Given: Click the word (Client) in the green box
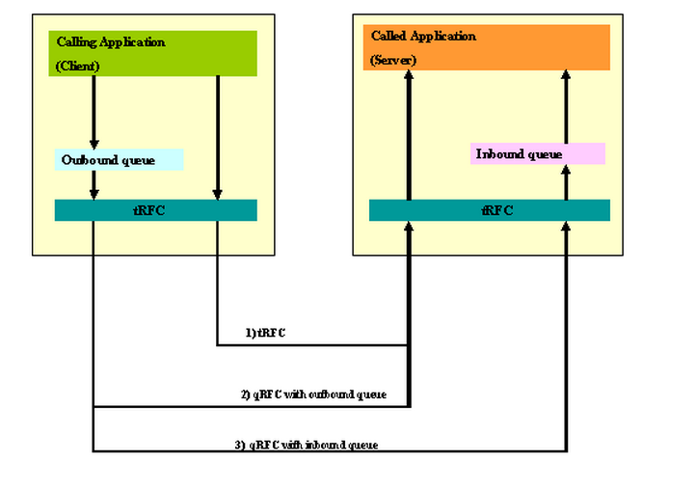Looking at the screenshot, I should (x=78, y=66).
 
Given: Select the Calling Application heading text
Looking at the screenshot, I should (x=111, y=41).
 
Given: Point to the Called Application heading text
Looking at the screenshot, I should (x=423, y=36).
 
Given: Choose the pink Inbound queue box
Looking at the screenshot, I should (x=537, y=153).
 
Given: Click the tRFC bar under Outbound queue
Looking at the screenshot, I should (x=155, y=209).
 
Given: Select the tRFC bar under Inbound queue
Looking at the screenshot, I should (x=490, y=209).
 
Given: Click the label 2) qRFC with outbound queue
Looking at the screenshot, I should (x=313, y=394).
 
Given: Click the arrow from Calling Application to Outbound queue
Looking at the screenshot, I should (x=94, y=112).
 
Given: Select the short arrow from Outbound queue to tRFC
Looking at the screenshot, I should (x=94, y=185).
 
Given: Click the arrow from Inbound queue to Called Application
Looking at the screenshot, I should (x=566, y=106).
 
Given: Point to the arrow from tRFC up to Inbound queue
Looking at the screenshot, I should (x=566, y=181).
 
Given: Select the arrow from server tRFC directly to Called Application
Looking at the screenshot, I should (x=410, y=135).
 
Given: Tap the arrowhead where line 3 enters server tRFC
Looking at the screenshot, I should (x=566, y=228).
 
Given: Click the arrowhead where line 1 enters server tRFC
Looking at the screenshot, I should (x=410, y=228).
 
